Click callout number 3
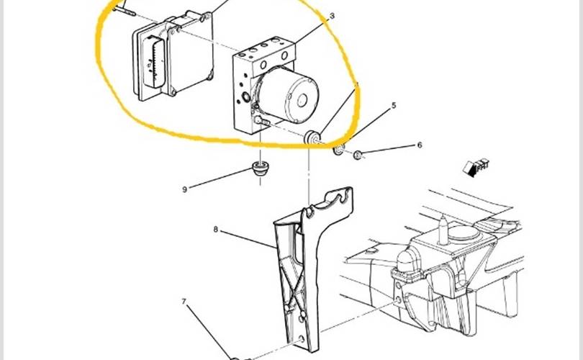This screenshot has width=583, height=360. pyautogui.click(x=332, y=16)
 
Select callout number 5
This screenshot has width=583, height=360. pyautogui.click(x=394, y=106)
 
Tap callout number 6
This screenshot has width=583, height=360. pyautogui.click(x=420, y=145)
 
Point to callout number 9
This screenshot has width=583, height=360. pyautogui.click(x=185, y=189)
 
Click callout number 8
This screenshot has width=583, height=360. pyautogui.click(x=216, y=229)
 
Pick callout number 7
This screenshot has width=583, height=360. pyautogui.click(x=184, y=301)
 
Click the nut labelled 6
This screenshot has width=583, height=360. pyautogui.click(x=358, y=155)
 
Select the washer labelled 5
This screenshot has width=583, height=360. pyautogui.click(x=339, y=150)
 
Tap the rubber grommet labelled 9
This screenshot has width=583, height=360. pyautogui.click(x=261, y=168)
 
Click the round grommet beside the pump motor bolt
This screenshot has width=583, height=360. pyautogui.click(x=312, y=138)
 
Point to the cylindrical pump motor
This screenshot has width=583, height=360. pyautogui.click(x=287, y=95)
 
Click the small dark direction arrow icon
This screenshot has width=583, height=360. pyautogui.click(x=476, y=167)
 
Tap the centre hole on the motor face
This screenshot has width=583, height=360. pyautogui.click(x=302, y=100)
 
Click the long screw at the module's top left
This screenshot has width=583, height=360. pyautogui.click(x=124, y=9)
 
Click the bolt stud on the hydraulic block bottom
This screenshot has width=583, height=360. pyautogui.click(x=262, y=120)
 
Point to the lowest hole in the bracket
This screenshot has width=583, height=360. pyautogui.click(x=302, y=340)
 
